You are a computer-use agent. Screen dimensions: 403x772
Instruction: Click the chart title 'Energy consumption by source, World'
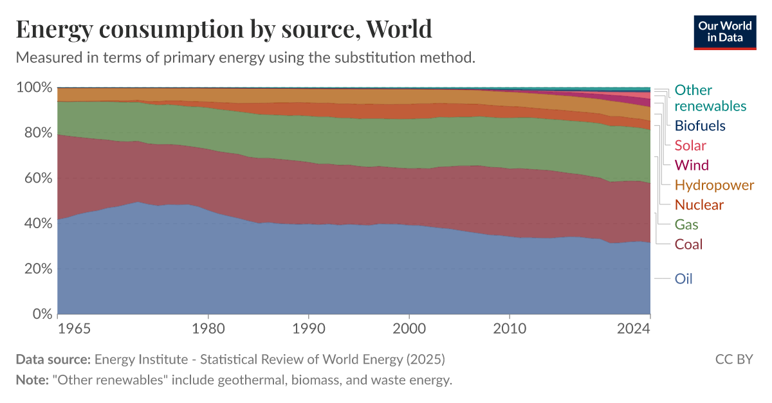[223, 30]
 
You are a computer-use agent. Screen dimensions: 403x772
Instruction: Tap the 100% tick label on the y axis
[33, 87]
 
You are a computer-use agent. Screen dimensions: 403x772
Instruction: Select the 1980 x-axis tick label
[208, 328]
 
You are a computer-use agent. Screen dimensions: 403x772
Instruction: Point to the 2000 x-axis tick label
[409, 328]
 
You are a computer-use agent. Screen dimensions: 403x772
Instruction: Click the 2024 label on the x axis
[650, 328]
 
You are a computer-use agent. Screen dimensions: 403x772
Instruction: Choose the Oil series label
[683, 279]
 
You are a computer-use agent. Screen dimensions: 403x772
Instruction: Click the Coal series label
[688, 244]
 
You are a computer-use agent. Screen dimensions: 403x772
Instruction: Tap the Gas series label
[686, 225]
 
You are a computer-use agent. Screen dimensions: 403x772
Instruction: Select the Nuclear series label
[699, 205]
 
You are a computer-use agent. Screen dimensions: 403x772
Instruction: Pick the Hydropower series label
[714, 185]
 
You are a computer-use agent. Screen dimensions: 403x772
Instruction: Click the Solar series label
[690, 145]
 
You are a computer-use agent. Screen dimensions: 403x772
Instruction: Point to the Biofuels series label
[700, 125]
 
